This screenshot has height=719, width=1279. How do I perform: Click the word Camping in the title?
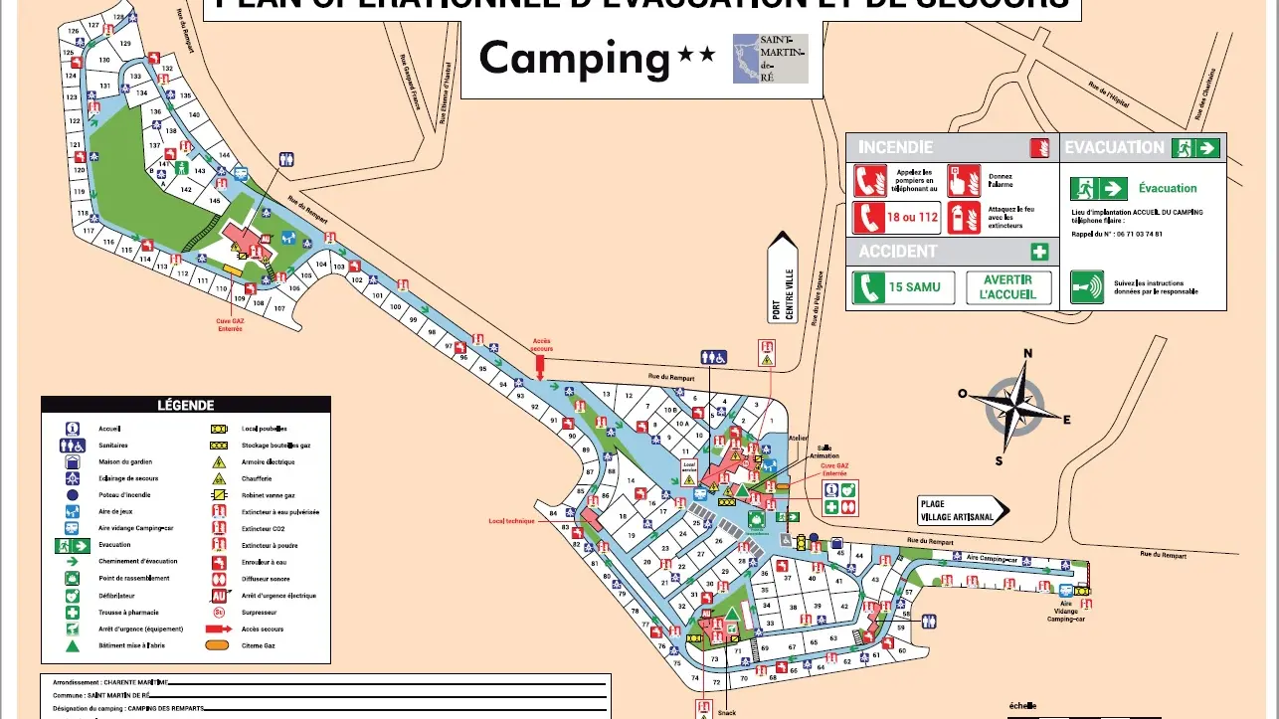pos(575,59)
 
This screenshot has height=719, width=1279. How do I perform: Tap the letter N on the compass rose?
pos(1028,353)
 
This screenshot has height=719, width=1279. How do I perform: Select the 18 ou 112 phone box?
pos(896,218)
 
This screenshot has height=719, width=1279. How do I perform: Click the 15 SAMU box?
pos(903,287)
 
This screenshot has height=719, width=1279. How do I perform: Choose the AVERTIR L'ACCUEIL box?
pos(1008,287)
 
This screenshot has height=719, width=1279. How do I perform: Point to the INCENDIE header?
pos(895,147)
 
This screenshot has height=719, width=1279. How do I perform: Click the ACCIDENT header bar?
pos(897,252)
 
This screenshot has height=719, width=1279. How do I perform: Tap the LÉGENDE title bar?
pos(185,405)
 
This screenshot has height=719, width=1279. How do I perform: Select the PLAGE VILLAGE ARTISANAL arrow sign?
pos(961,510)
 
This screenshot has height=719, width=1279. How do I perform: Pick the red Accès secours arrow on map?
pos(540,366)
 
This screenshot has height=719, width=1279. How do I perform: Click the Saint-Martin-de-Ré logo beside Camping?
pos(770,59)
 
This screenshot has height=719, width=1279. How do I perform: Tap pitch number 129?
pos(125,44)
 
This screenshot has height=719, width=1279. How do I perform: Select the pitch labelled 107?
pos(279,309)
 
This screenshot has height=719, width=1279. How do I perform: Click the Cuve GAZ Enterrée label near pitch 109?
pos(230,324)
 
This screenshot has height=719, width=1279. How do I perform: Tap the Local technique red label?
pos(511,520)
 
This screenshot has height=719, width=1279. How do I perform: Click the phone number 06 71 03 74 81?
pos(1137,234)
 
